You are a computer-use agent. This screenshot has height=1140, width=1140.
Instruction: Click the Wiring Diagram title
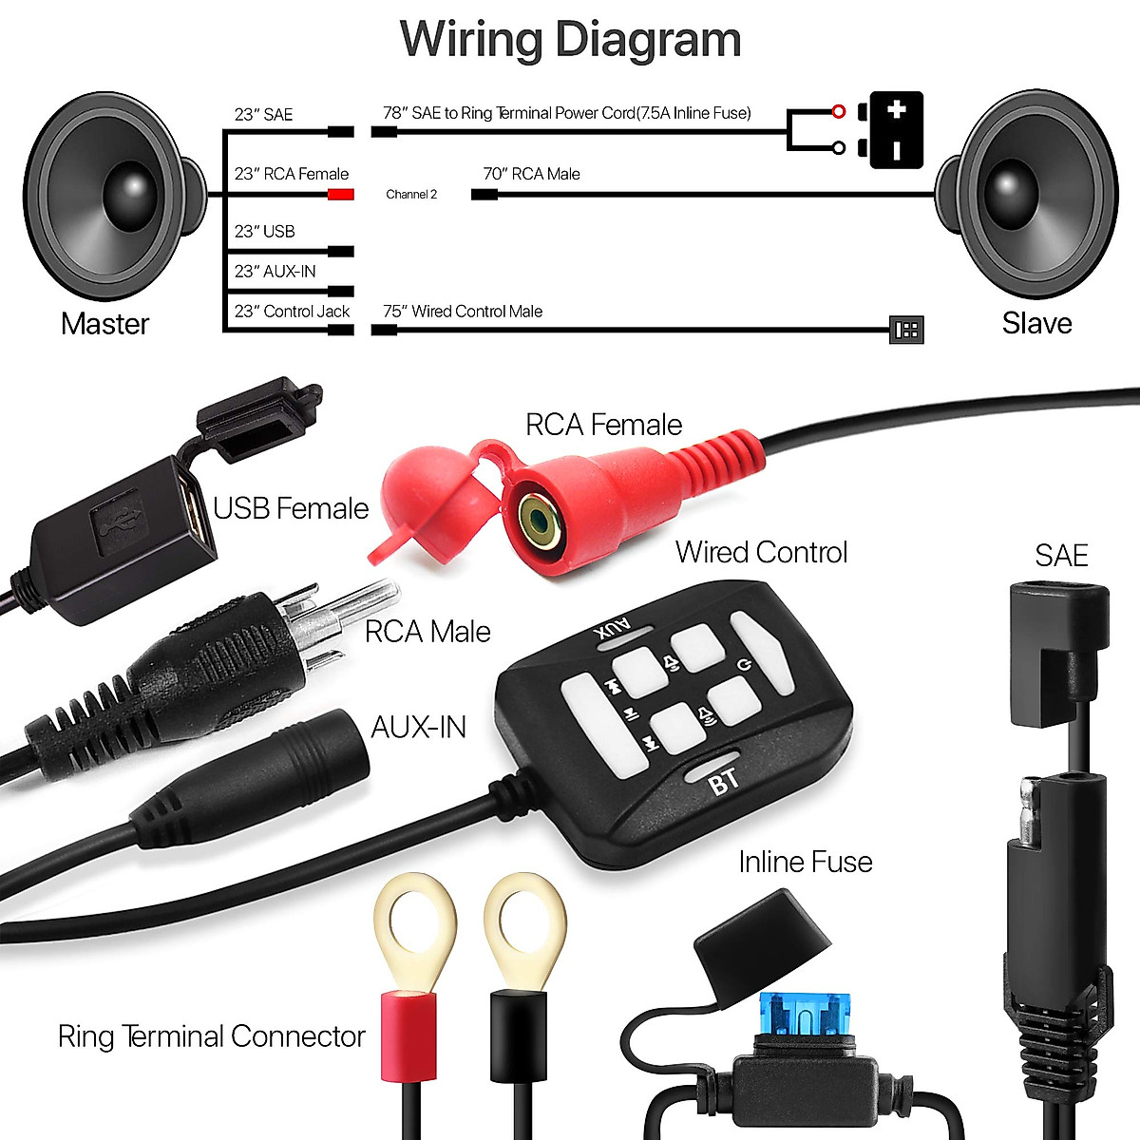pyautogui.click(x=570, y=40)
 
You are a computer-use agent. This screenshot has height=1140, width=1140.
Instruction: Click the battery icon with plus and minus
pyautogui.click(x=895, y=130)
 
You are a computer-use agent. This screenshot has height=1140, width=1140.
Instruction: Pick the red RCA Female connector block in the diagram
pyautogui.click(x=341, y=195)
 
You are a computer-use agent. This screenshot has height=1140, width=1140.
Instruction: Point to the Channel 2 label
pyautogui.click(x=411, y=195)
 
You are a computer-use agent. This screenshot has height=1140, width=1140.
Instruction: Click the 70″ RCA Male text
pyautogui.click(x=531, y=174)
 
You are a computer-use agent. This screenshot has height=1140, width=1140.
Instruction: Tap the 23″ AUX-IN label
pyautogui.click(x=275, y=272)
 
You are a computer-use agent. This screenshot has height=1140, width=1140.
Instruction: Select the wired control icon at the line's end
pyautogui.click(x=905, y=330)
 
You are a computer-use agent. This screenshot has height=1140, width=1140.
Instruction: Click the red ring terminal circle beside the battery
pyautogui.click(x=838, y=112)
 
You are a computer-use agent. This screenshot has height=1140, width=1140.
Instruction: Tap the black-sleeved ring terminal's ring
pyautogui.click(x=524, y=920)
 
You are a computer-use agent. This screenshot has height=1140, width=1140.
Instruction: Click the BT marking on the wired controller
pyautogui.click(x=724, y=782)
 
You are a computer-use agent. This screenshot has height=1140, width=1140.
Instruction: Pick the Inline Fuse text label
pyautogui.click(x=805, y=862)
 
